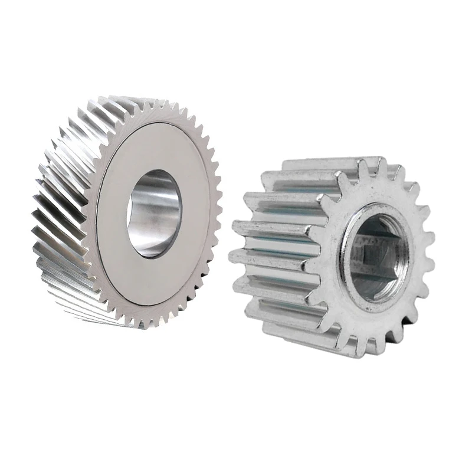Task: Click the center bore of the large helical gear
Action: coord(155,214)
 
